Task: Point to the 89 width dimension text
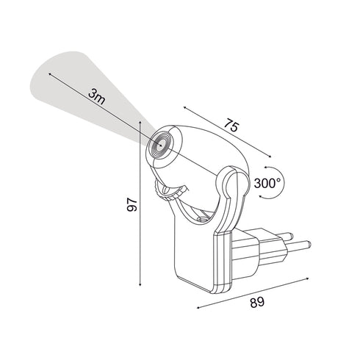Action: coord(257,301)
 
